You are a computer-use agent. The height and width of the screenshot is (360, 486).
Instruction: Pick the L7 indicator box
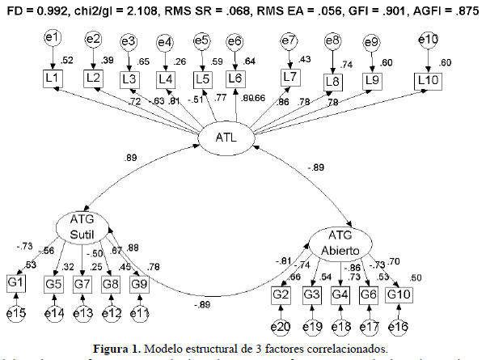coord(288,78)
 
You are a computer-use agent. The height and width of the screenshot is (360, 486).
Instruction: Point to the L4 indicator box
coord(165,78)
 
